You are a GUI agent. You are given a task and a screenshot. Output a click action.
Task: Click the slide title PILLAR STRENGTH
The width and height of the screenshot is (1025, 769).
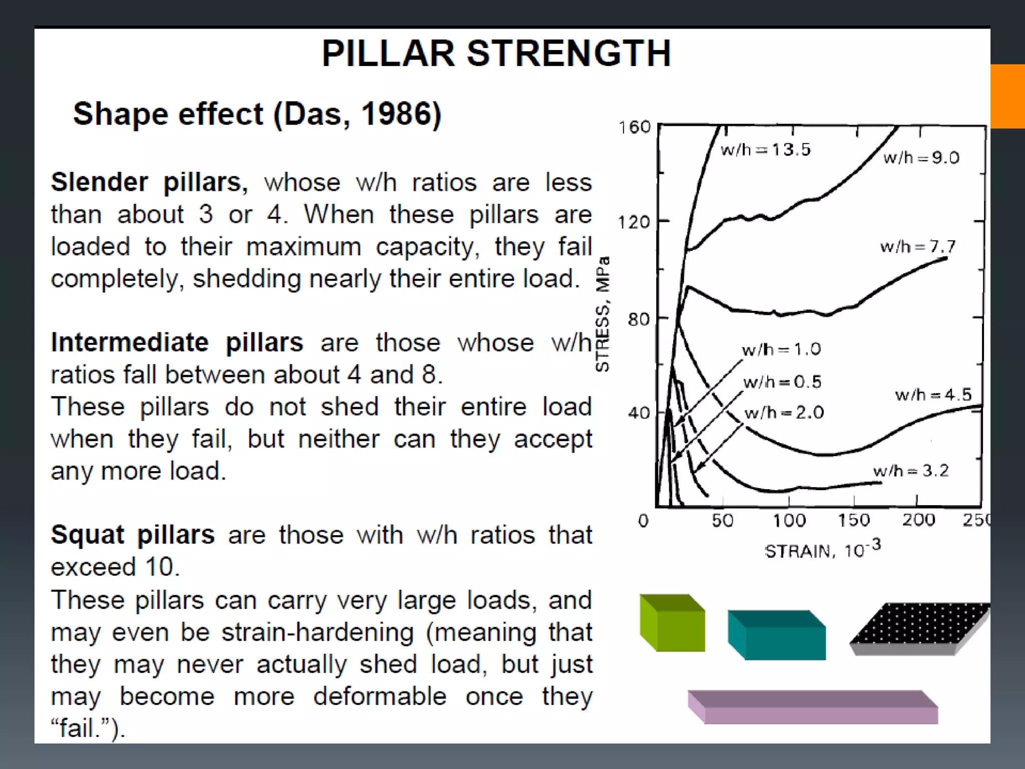(496, 54)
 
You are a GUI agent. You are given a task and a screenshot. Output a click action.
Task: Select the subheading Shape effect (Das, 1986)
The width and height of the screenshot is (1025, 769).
(257, 114)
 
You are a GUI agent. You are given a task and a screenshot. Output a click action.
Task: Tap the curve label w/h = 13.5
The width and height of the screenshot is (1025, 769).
(765, 150)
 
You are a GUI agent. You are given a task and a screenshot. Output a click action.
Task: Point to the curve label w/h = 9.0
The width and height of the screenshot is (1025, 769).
(921, 158)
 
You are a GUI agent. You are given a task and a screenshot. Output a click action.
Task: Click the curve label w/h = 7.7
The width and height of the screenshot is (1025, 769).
(917, 246)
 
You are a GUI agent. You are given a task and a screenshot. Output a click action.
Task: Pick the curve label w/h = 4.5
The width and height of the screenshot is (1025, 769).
(933, 395)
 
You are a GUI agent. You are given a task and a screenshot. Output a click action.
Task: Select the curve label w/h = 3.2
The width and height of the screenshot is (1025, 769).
(910, 471)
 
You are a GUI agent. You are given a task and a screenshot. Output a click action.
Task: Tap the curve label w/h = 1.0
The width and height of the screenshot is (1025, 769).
(781, 349)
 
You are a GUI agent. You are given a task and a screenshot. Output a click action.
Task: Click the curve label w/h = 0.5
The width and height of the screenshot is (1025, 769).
(782, 382)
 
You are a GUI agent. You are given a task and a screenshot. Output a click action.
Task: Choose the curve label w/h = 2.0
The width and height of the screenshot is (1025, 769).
(784, 413)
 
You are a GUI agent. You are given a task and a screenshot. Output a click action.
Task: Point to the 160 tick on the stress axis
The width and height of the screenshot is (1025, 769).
(634, 128)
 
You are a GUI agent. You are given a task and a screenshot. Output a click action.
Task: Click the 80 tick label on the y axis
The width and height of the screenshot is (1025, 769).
(639, 319)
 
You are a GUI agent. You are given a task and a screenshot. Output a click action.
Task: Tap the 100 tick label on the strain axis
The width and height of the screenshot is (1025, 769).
(789, 521)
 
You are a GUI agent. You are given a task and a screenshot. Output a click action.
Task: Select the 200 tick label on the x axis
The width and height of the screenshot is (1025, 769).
(918, 520)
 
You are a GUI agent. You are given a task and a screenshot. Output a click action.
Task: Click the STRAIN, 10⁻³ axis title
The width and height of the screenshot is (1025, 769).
(822, 550)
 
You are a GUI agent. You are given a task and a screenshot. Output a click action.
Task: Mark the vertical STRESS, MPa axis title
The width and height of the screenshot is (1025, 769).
(603, 314)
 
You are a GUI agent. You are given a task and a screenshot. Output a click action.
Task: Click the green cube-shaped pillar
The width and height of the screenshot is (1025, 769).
(672, 623)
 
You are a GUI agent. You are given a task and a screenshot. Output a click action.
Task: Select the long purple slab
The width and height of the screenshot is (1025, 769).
(813, 707)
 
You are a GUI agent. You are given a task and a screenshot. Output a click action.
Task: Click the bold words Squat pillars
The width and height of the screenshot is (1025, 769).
(133, 535)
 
